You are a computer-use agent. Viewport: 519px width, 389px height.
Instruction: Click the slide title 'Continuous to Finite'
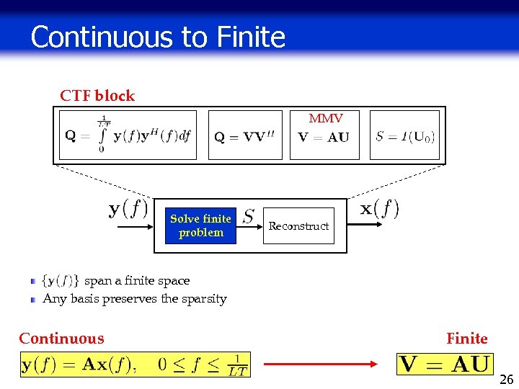pyautogui.click(x=158, y=37)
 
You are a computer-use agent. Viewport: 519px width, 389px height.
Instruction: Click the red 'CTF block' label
pyautogui.click(x=97, y=96)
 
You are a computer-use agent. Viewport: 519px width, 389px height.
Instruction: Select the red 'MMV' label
pyautogui.click(x=326, y=118)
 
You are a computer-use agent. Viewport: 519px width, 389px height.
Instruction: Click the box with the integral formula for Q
pyautogui.click(x=128, y=135)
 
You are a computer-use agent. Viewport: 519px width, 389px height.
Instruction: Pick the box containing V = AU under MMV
pyautogui.click(x=325, y=137)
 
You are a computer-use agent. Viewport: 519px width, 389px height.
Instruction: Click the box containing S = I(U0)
pyautogui.click(x=404, y=135)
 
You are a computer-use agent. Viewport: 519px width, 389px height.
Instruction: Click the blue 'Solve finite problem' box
pyautogui.click(x=200, y=225)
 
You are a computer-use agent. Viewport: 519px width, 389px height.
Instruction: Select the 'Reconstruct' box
pyautogui.click(x=298, y=225)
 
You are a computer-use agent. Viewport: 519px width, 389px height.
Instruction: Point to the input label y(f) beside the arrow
pyautogui.click(x=128, y=209)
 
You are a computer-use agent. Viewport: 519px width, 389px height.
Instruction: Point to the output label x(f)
pyautogui.click(x=379, y=209)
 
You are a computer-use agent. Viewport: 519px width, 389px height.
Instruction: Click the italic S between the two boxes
pyautogui.click(x=249, y=215)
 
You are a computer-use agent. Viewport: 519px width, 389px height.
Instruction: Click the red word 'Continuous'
pyautogui.click(x=61, y=339)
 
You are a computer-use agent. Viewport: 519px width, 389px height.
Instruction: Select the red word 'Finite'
pyautogui.click(x=466, y=339)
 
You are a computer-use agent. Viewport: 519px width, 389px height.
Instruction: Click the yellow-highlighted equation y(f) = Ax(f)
pyautogui.click(x=135, y=365)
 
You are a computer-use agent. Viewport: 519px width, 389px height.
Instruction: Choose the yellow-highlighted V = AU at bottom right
pyautogui.click(x=445, y=365)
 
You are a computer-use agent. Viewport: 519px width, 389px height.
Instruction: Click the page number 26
pyautogui.click(x=506, y=380)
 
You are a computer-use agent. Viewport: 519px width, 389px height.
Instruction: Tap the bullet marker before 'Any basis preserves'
pyautogui.click(x=33, y=299)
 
